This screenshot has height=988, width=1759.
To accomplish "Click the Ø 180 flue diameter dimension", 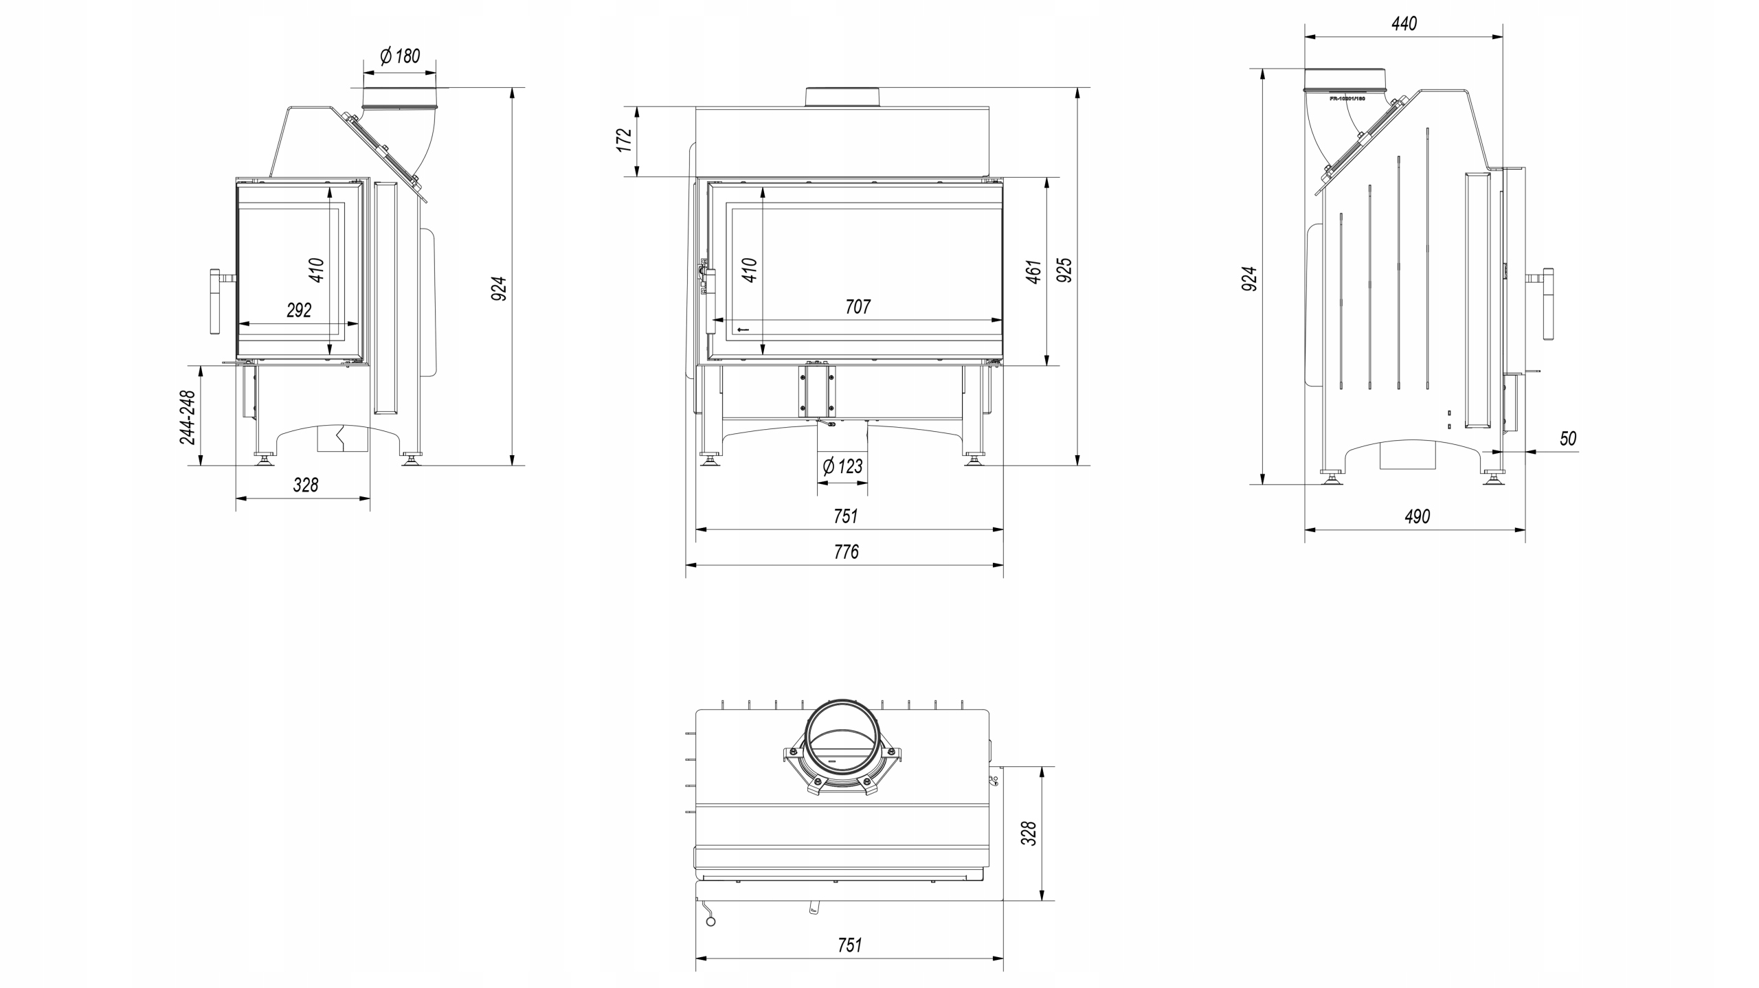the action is tap(400, 56).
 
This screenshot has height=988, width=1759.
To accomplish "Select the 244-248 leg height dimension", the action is tap(188, 417).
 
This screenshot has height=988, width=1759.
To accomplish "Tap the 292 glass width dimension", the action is tap(299, 310).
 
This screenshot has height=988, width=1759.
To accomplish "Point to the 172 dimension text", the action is tap(624, 140).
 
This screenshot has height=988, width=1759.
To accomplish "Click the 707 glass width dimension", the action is tap(858, 306).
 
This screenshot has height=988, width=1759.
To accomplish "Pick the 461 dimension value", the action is tap(1033, 271).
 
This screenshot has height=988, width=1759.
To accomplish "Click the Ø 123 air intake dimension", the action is tap(842, 467).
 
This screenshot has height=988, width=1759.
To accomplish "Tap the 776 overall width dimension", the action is tap(846, 552).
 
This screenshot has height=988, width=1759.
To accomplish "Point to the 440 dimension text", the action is tap(1404, 24).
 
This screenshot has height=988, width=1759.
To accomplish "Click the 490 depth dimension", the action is tap(1417, 516).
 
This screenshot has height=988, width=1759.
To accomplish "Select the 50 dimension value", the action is tap(1567, 439).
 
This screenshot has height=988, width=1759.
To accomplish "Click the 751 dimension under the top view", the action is tap(849, 945).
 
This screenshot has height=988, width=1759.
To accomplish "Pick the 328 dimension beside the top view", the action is tap(1029, 833).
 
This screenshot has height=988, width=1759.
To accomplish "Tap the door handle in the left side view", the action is tap(214, 302).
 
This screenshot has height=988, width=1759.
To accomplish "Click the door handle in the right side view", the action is tap(1549, 304).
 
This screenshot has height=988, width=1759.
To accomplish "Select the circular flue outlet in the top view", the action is tap(842, 745).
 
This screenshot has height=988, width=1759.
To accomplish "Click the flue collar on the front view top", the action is tap(842, 97).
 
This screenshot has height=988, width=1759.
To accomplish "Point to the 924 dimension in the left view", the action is tap(500, 288).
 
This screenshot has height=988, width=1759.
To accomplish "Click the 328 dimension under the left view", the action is tap(306, 485).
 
